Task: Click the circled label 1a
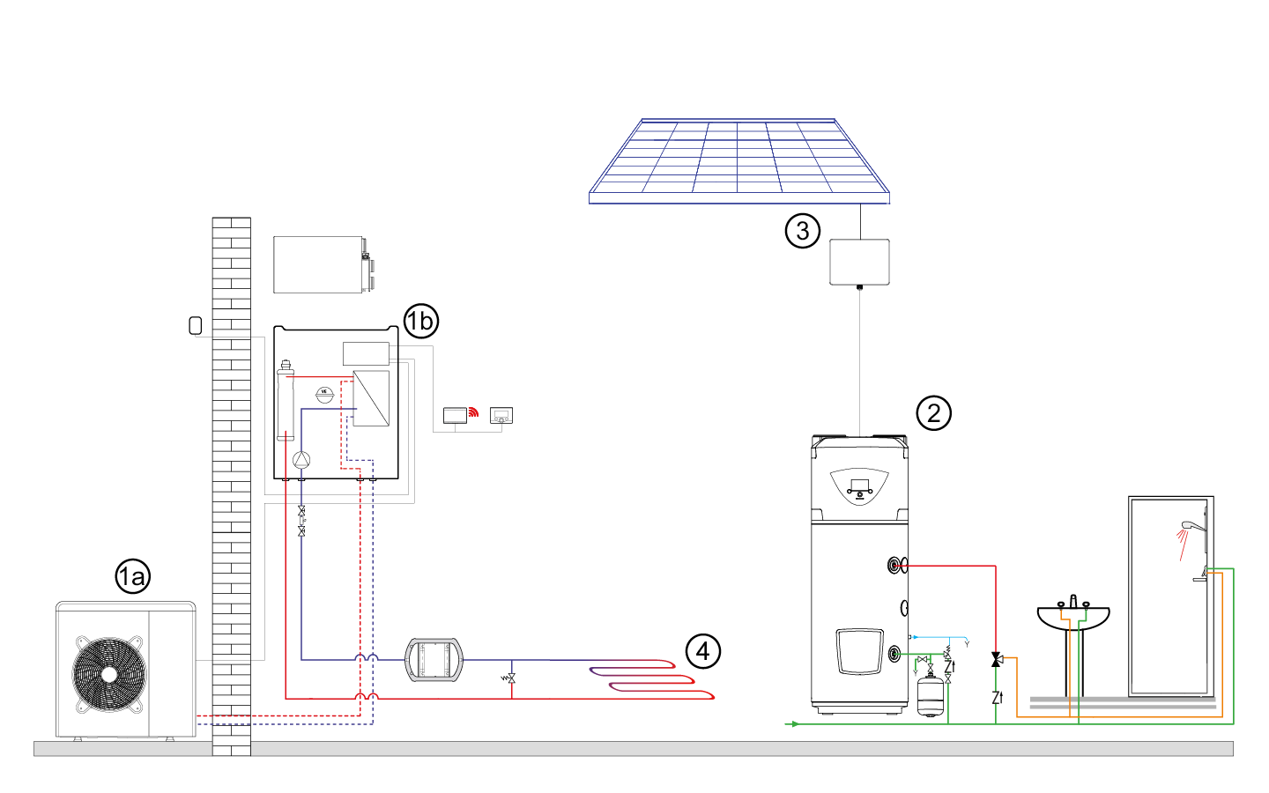coord(132,577)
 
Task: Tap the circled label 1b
coord(421,321)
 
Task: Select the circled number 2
coord(933,413)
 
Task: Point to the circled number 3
coord(802,231)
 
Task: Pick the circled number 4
coord(702,652)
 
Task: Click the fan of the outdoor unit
coord(109,674)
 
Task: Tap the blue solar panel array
coord(738,159)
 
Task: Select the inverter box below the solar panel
coord(859,262)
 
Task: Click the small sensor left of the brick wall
coord(196,326)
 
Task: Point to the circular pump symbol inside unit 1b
coord(301,459)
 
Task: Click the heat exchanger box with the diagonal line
coord(371,398)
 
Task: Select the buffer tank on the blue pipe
coord(434,660)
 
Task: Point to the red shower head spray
coord(1183,543)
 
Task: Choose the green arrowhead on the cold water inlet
coord(795,724)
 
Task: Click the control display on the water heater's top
coord(859,485)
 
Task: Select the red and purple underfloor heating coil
coord(652,678)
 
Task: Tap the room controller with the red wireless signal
coord(456,414)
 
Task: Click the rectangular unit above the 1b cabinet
coord(319,264)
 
